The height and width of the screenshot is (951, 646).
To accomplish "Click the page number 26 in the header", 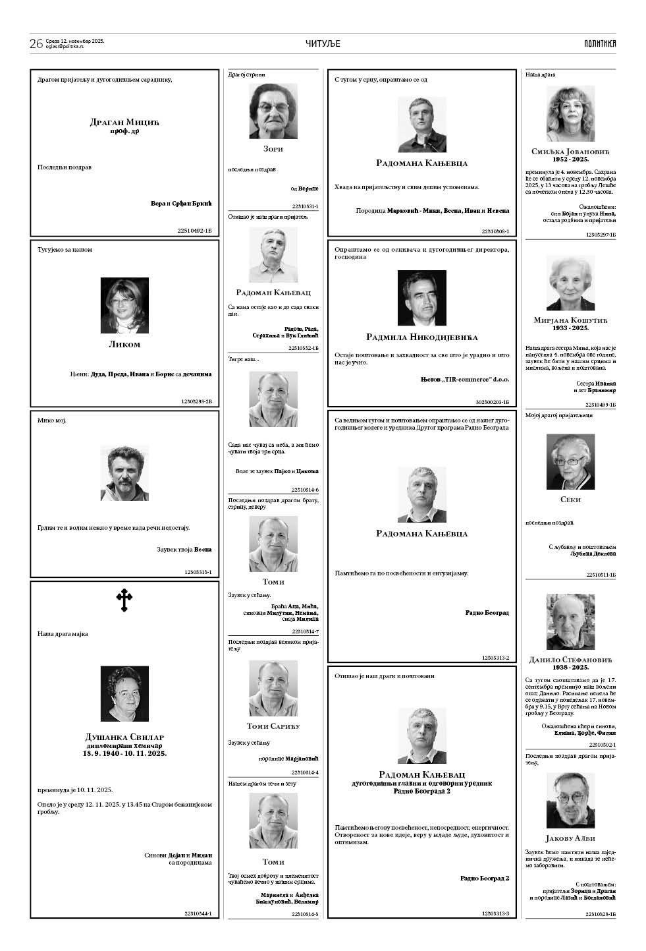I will coord(36,43).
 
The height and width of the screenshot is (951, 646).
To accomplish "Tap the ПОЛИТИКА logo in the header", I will coord(599,43).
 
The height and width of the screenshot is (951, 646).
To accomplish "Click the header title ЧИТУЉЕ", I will coord(323,43).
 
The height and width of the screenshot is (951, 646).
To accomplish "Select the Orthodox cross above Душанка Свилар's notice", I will coord(124,600).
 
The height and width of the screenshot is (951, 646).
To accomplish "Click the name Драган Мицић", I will coord(124,122).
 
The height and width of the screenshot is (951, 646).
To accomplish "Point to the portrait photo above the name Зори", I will coord(273,111).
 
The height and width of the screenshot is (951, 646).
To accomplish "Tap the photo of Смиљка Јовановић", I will coord(570,113).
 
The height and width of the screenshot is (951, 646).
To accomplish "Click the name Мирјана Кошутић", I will coord(570,320).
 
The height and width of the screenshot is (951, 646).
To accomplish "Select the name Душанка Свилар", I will coord(124,737).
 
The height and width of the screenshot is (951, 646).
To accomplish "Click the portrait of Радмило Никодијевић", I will coord(421,298).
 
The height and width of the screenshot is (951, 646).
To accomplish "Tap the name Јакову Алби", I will coord(570,838).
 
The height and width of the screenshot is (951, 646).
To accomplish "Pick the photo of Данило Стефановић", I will coord(570,621).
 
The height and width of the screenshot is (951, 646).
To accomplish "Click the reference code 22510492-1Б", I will coord(194,230).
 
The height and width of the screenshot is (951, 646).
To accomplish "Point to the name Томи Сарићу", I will coord(273,726).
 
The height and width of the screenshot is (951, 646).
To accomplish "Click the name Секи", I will coord(570,500).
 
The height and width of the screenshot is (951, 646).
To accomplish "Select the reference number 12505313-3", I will coord(495,913).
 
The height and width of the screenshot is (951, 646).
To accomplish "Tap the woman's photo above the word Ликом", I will coord(124,305).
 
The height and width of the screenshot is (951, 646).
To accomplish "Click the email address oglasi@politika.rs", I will coord(74,47).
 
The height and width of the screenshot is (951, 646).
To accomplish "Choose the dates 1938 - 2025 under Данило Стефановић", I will coord(570,667).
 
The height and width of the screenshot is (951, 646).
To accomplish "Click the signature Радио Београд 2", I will coord(484,878).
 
